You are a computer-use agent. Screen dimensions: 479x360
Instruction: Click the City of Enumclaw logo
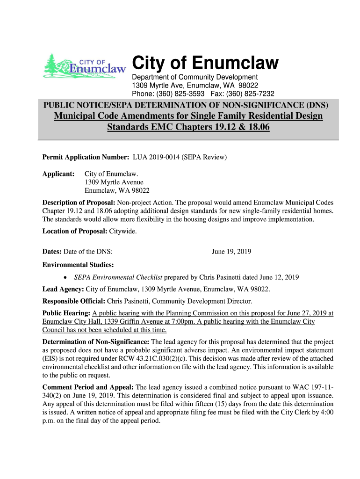(85, 66)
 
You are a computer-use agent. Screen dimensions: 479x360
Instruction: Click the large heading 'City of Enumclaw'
(205, 63)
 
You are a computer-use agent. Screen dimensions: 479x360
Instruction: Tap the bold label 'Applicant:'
(58, 174)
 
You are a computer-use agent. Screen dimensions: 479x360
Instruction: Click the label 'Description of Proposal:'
(79, 203)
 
